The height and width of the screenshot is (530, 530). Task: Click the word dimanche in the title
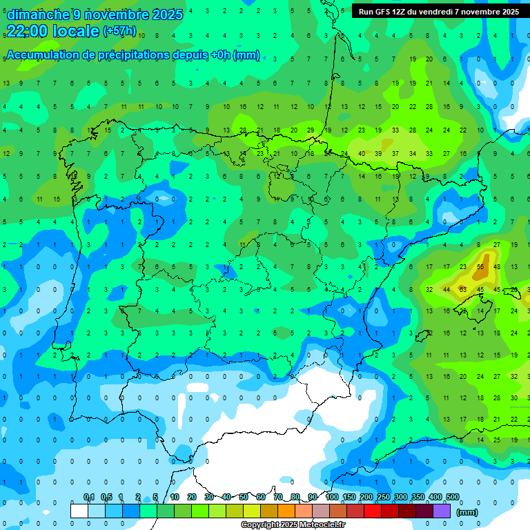(x=38, y=14)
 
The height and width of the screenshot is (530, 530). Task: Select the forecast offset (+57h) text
(x=120, y=31)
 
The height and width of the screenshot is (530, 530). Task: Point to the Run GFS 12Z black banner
(x=438, y=12)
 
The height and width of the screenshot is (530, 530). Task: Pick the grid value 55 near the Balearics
(x=480, y=267)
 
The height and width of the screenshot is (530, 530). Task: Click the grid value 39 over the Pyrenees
(x=378, y=153)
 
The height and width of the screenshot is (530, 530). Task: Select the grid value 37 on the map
(x=395, y=153)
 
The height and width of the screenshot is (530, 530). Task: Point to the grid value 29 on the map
(x=311, y=130)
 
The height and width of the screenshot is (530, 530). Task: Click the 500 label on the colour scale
(x=453, y=498)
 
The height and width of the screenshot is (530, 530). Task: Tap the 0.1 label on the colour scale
(x=89, y=498)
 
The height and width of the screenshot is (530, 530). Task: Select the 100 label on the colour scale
(x=332, y=498)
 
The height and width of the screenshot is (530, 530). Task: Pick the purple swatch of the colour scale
(x=442, y=511)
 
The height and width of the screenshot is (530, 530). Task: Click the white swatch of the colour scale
(x=79, y=511)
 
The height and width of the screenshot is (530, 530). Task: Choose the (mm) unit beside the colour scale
(x=467, y=512)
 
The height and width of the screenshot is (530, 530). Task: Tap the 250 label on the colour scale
(x=384, y=498)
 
